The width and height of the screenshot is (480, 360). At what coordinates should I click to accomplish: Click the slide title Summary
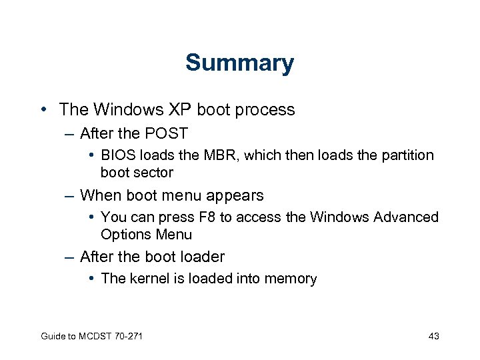tap(239, 63)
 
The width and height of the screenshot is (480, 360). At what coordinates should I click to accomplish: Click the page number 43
tap(433, 336)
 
